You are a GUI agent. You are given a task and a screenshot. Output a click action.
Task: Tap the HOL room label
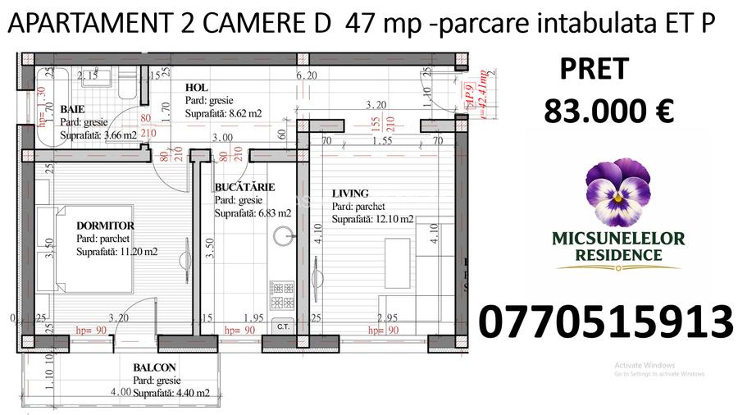pos(196,88)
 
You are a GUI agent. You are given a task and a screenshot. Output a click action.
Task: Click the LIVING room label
pos(350,194)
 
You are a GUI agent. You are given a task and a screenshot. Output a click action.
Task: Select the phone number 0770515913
pos(604,322)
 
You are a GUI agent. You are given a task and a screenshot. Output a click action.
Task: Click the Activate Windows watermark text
pos(645,365)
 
